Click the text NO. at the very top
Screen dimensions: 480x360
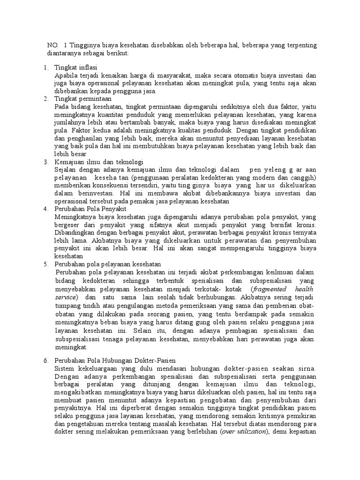point(52,45)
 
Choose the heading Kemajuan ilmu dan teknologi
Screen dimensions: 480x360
point(99,162)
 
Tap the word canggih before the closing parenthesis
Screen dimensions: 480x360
point(304,178)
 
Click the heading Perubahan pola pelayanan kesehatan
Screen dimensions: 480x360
point(108,264)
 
